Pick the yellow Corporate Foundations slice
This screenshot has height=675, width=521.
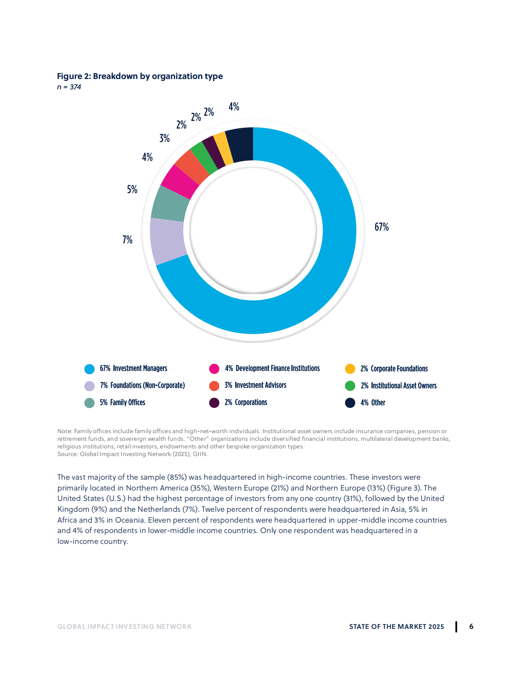(223, 148)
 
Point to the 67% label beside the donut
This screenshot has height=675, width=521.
(382, 227)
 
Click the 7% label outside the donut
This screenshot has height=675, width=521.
(127, 240)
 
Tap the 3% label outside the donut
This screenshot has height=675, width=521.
(164, 138)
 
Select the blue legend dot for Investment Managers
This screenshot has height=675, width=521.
(89, 369)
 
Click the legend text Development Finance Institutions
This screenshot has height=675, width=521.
(278, 368)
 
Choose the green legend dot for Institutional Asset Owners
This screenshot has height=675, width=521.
(350, 386)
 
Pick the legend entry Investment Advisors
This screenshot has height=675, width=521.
(256, 385)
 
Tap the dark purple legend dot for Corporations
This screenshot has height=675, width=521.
(214, 403)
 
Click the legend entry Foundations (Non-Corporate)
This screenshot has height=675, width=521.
(143, 385)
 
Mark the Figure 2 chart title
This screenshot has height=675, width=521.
(140, 76)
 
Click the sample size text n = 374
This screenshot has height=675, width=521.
(69, 87)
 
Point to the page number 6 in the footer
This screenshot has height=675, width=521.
(471, 626)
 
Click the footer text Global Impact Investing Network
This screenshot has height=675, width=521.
(124, 626)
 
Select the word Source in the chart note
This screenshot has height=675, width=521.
(67, 454)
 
